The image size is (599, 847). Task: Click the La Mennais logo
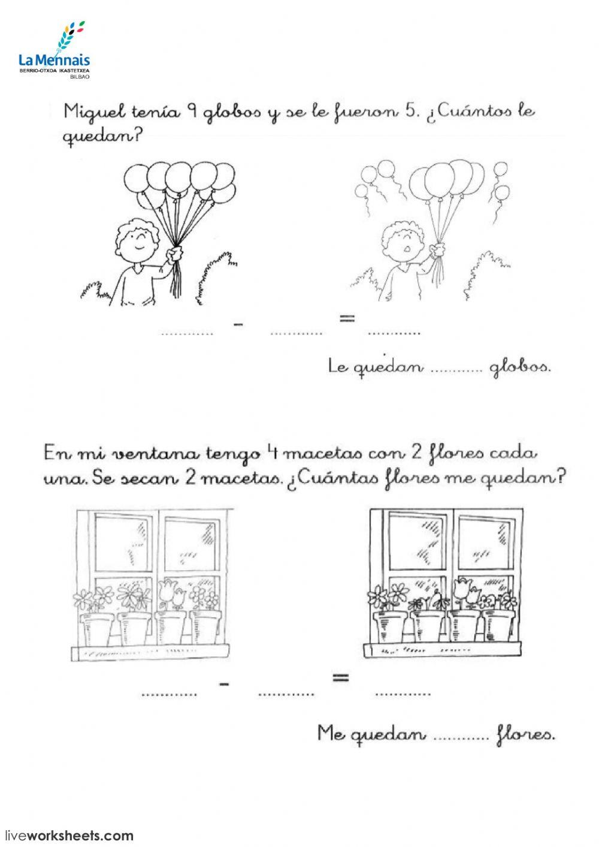(54, 51)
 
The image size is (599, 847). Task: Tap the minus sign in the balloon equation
(240, 324)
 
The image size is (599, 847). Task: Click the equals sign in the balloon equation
(343, 318)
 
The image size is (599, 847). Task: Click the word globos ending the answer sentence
(520, 366)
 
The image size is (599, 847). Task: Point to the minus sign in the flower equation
(225, 684)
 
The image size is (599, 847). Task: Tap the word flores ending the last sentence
(526, 733)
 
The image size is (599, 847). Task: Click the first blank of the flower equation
(169, 694)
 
